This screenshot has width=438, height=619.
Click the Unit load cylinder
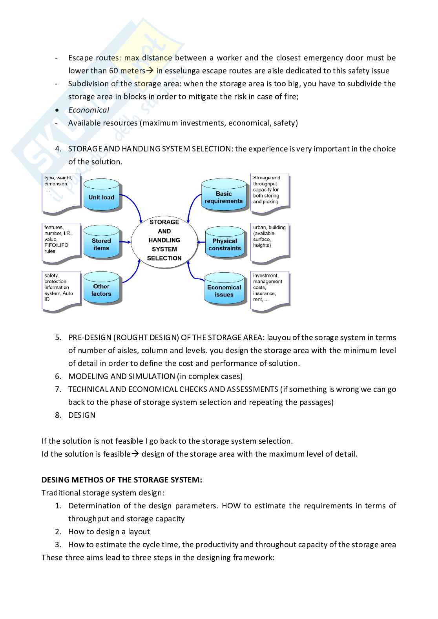tap(101, 197)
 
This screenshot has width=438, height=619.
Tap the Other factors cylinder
tap(101, 290)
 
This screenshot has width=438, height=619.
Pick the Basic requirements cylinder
tap(224, 197)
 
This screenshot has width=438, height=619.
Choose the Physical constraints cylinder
tap(224, 244)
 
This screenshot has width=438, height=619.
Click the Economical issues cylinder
tap(224, 291)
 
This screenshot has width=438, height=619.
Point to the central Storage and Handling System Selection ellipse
tap(164, 240)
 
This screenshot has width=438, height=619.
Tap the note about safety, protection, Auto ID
tap(61, 290)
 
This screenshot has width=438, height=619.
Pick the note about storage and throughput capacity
tap(270, 193)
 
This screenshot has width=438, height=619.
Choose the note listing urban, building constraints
tap(270, 242)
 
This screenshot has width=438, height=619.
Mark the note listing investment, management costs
tap(270, 290)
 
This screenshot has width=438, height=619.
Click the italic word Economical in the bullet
tap(89, 110)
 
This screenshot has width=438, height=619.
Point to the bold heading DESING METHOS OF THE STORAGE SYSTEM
tap(122, 480)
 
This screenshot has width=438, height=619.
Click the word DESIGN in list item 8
tap(82, 415)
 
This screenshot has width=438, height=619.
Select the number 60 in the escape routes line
tap(113, 71)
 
